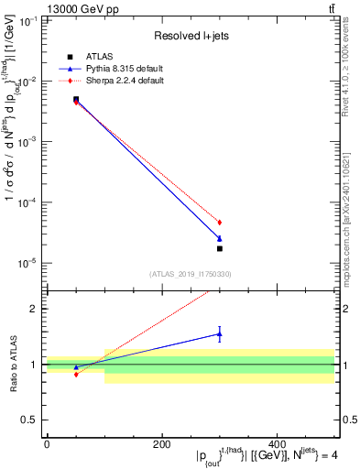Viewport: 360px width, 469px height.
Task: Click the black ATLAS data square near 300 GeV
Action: [x=220, y=248]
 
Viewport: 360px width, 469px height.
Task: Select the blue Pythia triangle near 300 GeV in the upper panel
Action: [x=220, y=238]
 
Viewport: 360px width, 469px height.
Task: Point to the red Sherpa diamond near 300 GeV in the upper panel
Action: [x=220, y=223]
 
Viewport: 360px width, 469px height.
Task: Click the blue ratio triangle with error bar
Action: [x=220, y=333]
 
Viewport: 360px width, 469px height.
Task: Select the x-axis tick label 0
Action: [x=47, y=444]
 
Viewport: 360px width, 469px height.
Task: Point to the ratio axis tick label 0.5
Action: [x=30, y=420]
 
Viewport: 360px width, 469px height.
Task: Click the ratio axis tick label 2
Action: [x=34, y=309]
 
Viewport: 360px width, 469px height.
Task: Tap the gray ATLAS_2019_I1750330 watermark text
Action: [x=191, y=273]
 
